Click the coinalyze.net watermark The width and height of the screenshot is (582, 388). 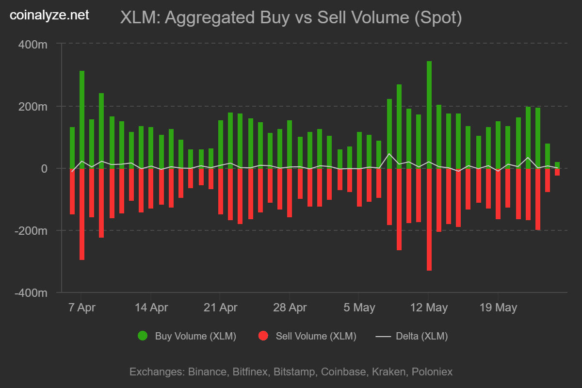click(x=49, y=16)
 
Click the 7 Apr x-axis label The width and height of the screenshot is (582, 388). click(x=81, y=307)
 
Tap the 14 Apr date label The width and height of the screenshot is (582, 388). click(x=151, y=307)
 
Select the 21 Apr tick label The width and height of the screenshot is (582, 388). click(x=220, y=307)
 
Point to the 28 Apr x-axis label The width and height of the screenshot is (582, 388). click(x=290, y=307)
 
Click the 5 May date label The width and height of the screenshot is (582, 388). click(x=359, y=307)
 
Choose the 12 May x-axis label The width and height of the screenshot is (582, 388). click(x=428, y=307)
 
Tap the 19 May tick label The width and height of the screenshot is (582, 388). click(x=498, y=307)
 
